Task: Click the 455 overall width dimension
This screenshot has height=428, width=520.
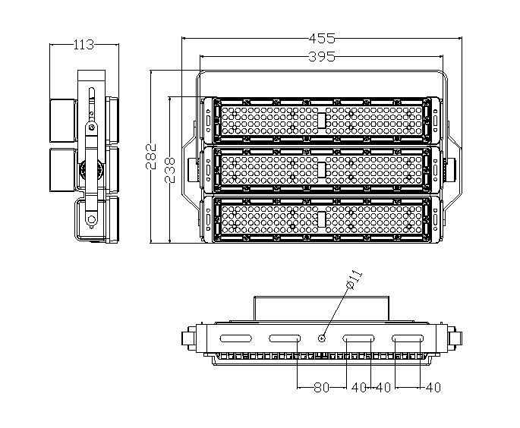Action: click(322, 39)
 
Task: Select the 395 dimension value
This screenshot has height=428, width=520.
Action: click(322, 57)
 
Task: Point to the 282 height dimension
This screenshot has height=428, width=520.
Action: click(151, 156)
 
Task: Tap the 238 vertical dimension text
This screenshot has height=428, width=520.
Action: click(169, 170)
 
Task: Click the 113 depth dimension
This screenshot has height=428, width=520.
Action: click(84, 45)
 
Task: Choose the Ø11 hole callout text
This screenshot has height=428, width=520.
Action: click(354, 280)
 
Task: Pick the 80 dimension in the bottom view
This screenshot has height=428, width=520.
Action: click(321, 387)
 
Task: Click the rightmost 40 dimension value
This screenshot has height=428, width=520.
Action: click(433, 387)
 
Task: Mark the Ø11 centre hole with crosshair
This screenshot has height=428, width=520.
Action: click(321, 338)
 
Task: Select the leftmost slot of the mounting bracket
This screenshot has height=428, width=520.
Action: click(236, 338)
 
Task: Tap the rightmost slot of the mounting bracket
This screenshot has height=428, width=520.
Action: click(408, 338)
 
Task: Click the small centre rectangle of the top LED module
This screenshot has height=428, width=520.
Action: click(321, 121)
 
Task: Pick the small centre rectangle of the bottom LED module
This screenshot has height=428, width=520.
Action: click(321, 219)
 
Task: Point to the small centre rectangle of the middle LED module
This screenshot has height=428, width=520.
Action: click(321, 170)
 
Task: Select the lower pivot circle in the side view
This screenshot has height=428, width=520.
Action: click(91, 219)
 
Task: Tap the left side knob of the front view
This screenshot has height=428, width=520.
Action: click(192, 170)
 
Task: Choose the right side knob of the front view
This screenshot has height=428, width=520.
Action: click(451, 170)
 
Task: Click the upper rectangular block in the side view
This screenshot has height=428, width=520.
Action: click(62, 120)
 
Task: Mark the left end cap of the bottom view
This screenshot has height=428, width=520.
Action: click(188, 338)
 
